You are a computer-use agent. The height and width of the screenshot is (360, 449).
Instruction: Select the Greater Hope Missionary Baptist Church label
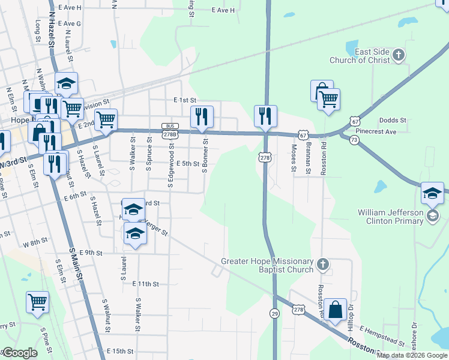tap(267, 265)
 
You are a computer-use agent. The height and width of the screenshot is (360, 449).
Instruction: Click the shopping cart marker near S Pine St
tap(37, 302)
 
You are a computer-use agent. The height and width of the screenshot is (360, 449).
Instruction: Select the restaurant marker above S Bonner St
tap(202, 116)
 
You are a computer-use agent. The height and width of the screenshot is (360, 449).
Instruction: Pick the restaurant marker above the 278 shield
tap(265, 116)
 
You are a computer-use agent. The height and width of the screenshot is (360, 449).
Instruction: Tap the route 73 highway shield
tap(354, 140)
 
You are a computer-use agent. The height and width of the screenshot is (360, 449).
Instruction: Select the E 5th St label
tap(187, 163)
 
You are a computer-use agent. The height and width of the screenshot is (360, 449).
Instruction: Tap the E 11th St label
tap(145, 283)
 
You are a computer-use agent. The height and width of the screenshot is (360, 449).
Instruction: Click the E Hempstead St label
tap(382, 335)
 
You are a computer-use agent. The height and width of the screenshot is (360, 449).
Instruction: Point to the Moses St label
tap(294, 158)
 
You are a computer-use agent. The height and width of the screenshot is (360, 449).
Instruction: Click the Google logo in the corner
tap(19, 353)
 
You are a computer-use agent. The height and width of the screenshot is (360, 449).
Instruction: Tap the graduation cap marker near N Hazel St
tap(66, 84)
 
